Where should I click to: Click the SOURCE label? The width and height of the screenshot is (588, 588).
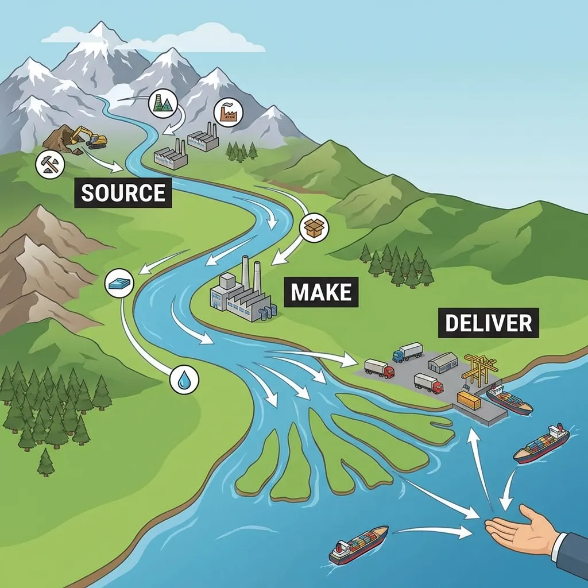pyautogui.click(x=123, y=193)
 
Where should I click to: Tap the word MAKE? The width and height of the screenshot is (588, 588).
pyautogui.click(x=322, y=292)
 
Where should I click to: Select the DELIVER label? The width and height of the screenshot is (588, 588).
pyautogui.click(x=489, y=323)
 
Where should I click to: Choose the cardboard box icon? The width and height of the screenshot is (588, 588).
pyautogui.click(x=314, y=227)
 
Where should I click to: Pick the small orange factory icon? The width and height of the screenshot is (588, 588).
pyautogui.click(x=228, y=112)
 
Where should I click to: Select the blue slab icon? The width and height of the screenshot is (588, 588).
pyautogui.click(x=120, y=283)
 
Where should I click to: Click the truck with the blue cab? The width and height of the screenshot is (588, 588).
pyautogui.click(x=407, y=352)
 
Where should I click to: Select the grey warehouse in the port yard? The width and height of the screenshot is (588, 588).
pyautogui.click(x=442, y=362)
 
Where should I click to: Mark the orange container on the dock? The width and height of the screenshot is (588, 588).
pyautogui.click(x=469, y=400)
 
